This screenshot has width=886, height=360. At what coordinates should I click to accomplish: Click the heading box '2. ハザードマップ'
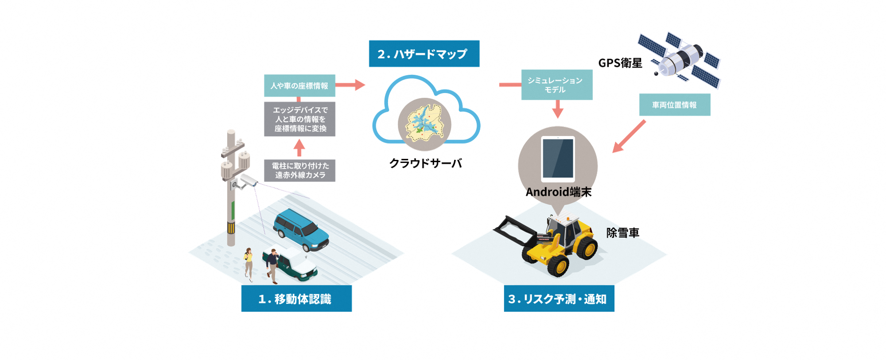pos(424,54)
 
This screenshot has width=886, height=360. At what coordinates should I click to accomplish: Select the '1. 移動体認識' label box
pos(296,298)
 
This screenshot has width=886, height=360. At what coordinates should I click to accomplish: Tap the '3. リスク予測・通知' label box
pos(559,298)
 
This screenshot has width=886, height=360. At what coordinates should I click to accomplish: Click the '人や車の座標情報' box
pos(299,85)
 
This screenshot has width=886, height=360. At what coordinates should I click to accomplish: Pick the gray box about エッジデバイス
pos(299,119)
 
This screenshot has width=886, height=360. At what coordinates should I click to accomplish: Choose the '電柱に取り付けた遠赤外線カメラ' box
pos(299,170)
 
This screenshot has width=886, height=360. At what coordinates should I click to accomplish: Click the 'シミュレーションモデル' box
pos(556,85)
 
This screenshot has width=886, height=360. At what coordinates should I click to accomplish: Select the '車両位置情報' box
pos(674,105)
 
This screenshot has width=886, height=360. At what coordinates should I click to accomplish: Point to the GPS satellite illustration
pos(680,60)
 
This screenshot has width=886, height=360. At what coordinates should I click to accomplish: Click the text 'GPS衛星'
pos(620,63)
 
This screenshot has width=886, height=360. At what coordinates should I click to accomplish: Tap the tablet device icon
pos(558,159)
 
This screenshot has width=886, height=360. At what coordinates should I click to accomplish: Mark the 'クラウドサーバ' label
pos(425,163)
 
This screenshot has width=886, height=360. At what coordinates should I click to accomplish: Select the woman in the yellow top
pos(249,263)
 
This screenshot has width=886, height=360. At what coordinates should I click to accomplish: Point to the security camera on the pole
pos(248,181)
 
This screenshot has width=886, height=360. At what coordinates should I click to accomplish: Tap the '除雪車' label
pos(622,233)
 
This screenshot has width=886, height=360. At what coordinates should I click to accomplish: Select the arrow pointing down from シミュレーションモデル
pos(558,109)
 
